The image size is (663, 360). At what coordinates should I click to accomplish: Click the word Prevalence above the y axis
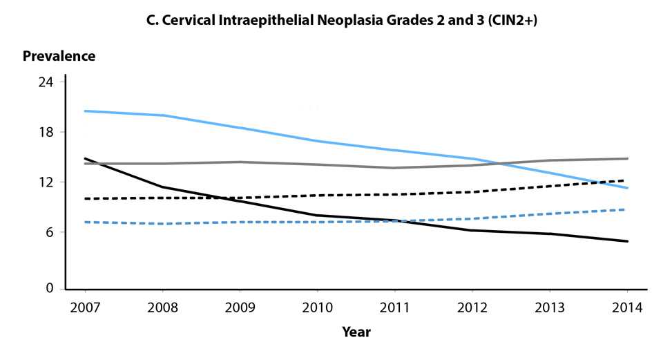click(59, 57)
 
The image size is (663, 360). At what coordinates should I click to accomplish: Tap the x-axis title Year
click(356, 332)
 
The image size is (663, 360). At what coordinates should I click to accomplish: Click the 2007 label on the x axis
click(84, 307)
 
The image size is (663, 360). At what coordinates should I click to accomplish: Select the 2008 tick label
click(162, 307)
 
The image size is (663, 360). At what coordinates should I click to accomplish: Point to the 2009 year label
click(239, 307)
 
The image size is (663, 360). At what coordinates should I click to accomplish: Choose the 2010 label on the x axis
click(317, 307)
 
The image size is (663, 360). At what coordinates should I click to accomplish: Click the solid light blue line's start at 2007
click(84, 111)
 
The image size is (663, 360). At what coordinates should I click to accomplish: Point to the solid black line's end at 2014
click(627, 241)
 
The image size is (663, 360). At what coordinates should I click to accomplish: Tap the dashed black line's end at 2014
click(627, 180)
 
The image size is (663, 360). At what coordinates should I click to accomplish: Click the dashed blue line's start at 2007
click(84, 222)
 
